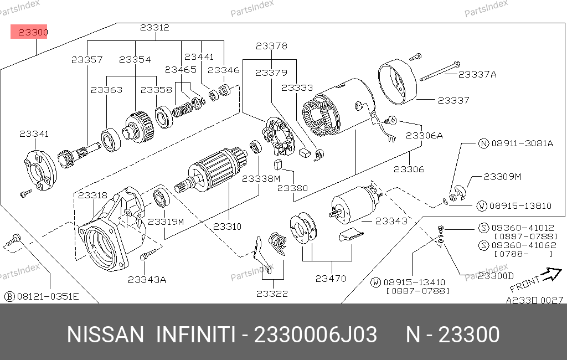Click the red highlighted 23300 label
click(29, 32)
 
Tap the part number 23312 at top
click(155, 28)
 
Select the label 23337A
click(477, 74)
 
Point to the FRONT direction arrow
click(553, 274)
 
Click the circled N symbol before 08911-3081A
click(483, 143)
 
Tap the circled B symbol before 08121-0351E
click(9, 297)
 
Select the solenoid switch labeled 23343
click(356, 204)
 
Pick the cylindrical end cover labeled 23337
click(397, 82)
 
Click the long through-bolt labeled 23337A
click(440, 72)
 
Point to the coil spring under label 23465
click(182, 109)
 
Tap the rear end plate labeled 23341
click(40, 171)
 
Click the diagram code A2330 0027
click(534, 300)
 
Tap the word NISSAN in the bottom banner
click(105, 335)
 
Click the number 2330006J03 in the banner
click(315, 335)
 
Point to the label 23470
click(331, 279)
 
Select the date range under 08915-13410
click(417, 291)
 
